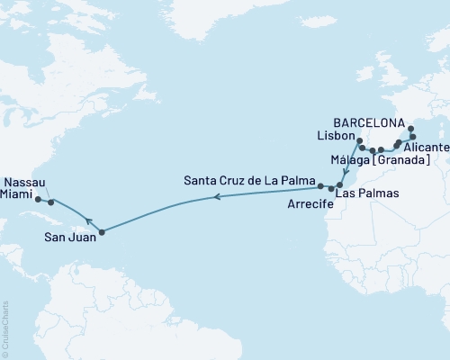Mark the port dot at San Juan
pos(102,232)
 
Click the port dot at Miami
pos(39,198)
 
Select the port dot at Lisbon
pos(358,140)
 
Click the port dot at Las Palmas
pos(340,185)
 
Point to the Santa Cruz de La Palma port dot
pos(319,185)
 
